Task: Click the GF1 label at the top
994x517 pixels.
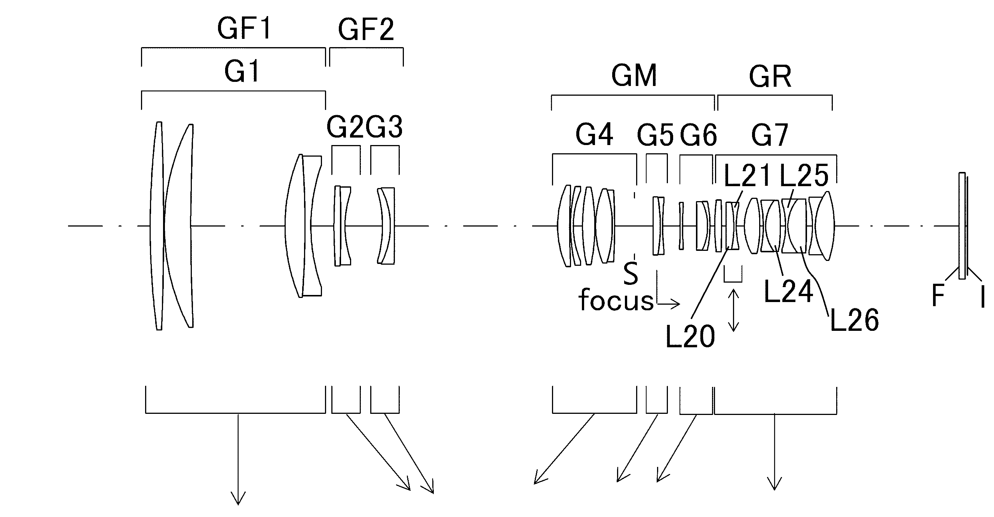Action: (x=245, y=29)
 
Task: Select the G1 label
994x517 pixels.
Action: (x=242, y=72)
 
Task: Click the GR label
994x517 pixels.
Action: (x=770, y=76)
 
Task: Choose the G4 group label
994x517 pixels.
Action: (x=594, y=135)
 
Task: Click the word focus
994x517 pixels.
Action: (x=616, y=300)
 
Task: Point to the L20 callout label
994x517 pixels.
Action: (x=691, y=336)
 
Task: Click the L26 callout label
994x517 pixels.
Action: (x=854, y=320)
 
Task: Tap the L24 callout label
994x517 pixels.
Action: (x=789, y=291)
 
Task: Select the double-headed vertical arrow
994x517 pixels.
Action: (x=733, y=311)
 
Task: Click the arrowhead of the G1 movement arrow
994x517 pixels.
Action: (x=238, y=498)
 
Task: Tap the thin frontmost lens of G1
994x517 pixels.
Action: (x=157, y=226)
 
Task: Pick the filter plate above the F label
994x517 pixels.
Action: (x=962, y=226)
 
